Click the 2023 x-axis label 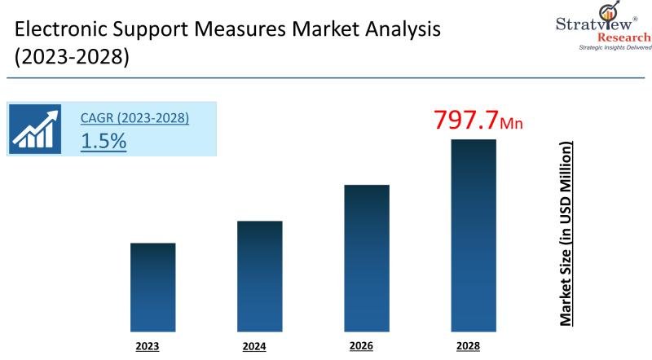coord(147,346)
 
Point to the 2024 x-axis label coord(254,346)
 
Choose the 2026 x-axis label coord(361,346)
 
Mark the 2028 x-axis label coord(468,346)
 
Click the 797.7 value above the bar coord(465,120)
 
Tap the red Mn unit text coord(512,124)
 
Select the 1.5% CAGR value coord(104,140)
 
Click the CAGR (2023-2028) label coord(134,118)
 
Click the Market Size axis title coord(565,233)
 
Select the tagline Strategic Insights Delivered coord(615,48)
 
